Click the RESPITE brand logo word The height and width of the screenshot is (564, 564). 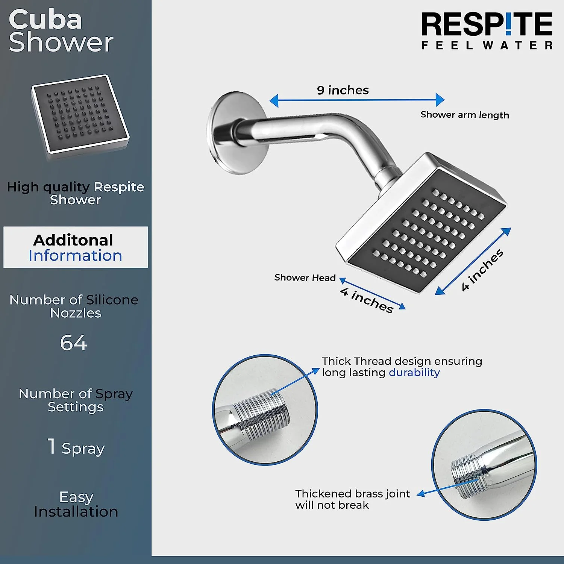tap(487, 24)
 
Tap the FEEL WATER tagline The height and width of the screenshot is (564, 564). tap(487, 45)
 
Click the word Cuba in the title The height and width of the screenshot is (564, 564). tap(45, 20)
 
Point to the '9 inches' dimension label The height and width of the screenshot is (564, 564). tap(343, 90)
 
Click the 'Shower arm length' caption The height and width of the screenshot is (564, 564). tap(465, 115)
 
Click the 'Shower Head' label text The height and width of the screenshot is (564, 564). tap(305, 277)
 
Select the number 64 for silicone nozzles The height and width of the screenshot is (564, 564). tap(74, 343)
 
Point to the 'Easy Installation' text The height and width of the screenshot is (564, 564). tap(76, 504)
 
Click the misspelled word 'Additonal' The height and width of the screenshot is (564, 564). tap(73, 240)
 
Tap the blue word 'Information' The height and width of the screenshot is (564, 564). tap(75, 256)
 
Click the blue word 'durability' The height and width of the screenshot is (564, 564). tap(414, 372)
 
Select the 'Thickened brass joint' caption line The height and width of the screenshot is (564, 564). tap(352, 493)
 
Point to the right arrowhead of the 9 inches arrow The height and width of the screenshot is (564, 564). tap(440, 100)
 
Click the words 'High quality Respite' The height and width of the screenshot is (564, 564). tap(76, 187)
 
